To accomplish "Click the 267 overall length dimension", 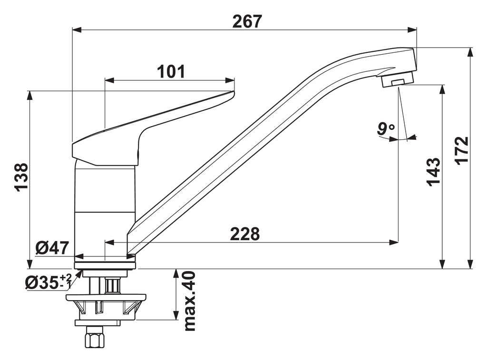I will coord(247,21).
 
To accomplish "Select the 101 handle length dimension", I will coord(171,72).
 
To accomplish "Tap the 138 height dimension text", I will coord(21,177).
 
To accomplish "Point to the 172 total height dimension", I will coord(461,150).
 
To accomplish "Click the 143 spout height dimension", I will coord(433,172).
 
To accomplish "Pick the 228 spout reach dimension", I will coord(245,234).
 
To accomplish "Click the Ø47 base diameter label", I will coord(52,248).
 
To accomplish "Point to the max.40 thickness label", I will coord(189,301).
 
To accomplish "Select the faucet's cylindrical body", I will coord(105,209).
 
